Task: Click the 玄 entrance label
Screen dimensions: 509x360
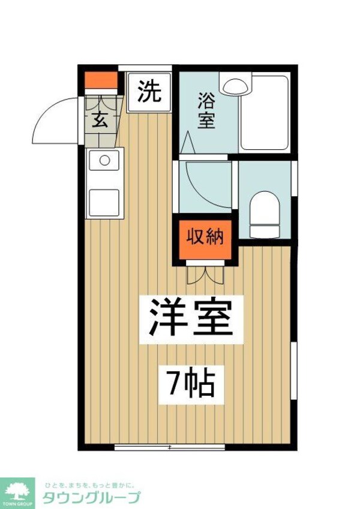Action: click(100, 119)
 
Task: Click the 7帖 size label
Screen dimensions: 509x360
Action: click(187, 384)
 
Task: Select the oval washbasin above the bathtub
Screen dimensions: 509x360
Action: click(236, 85)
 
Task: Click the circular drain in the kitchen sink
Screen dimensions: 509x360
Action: click(104, 161)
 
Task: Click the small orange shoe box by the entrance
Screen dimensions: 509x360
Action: click(100, 80)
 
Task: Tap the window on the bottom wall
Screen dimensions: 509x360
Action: click(170, 447)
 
